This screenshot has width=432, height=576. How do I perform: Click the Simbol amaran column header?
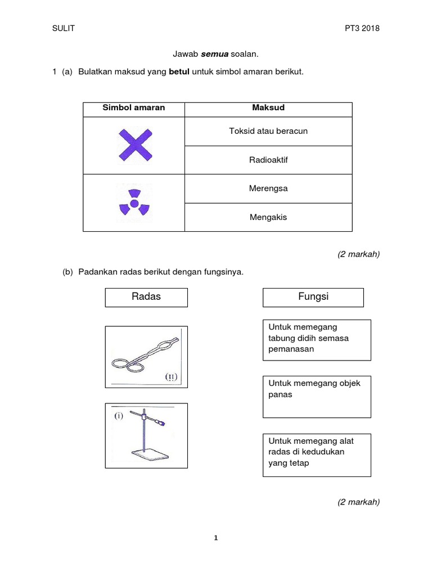[134, 107]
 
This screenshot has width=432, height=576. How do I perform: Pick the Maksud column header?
[268, 107]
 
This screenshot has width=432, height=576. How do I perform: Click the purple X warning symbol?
[135, 145]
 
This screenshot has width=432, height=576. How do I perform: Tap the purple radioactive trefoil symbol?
[134, 202]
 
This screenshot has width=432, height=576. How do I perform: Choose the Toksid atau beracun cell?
[268, 131]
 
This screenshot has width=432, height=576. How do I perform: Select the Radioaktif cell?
[268, 160]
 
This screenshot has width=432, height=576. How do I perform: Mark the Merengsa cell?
[268, 188]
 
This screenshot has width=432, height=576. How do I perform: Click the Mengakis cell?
[268, 217]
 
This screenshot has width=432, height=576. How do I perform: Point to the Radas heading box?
[146, 297]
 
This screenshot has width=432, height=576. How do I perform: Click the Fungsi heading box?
[313, 297]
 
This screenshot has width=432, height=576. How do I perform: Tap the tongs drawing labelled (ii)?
[146, 357]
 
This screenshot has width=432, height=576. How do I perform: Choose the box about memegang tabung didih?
[317, 339]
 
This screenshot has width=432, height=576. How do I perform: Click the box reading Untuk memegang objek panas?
[317, 396]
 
